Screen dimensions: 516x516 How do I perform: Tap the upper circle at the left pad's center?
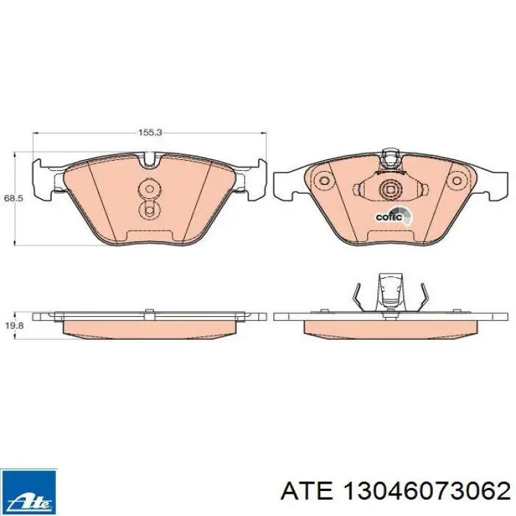tap(150, 188)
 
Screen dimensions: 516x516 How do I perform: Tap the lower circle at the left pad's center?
tap(150, 212)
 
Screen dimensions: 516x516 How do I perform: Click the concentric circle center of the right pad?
tap(388, 190)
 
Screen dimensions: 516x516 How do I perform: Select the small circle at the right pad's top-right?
tap(459, 178)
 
